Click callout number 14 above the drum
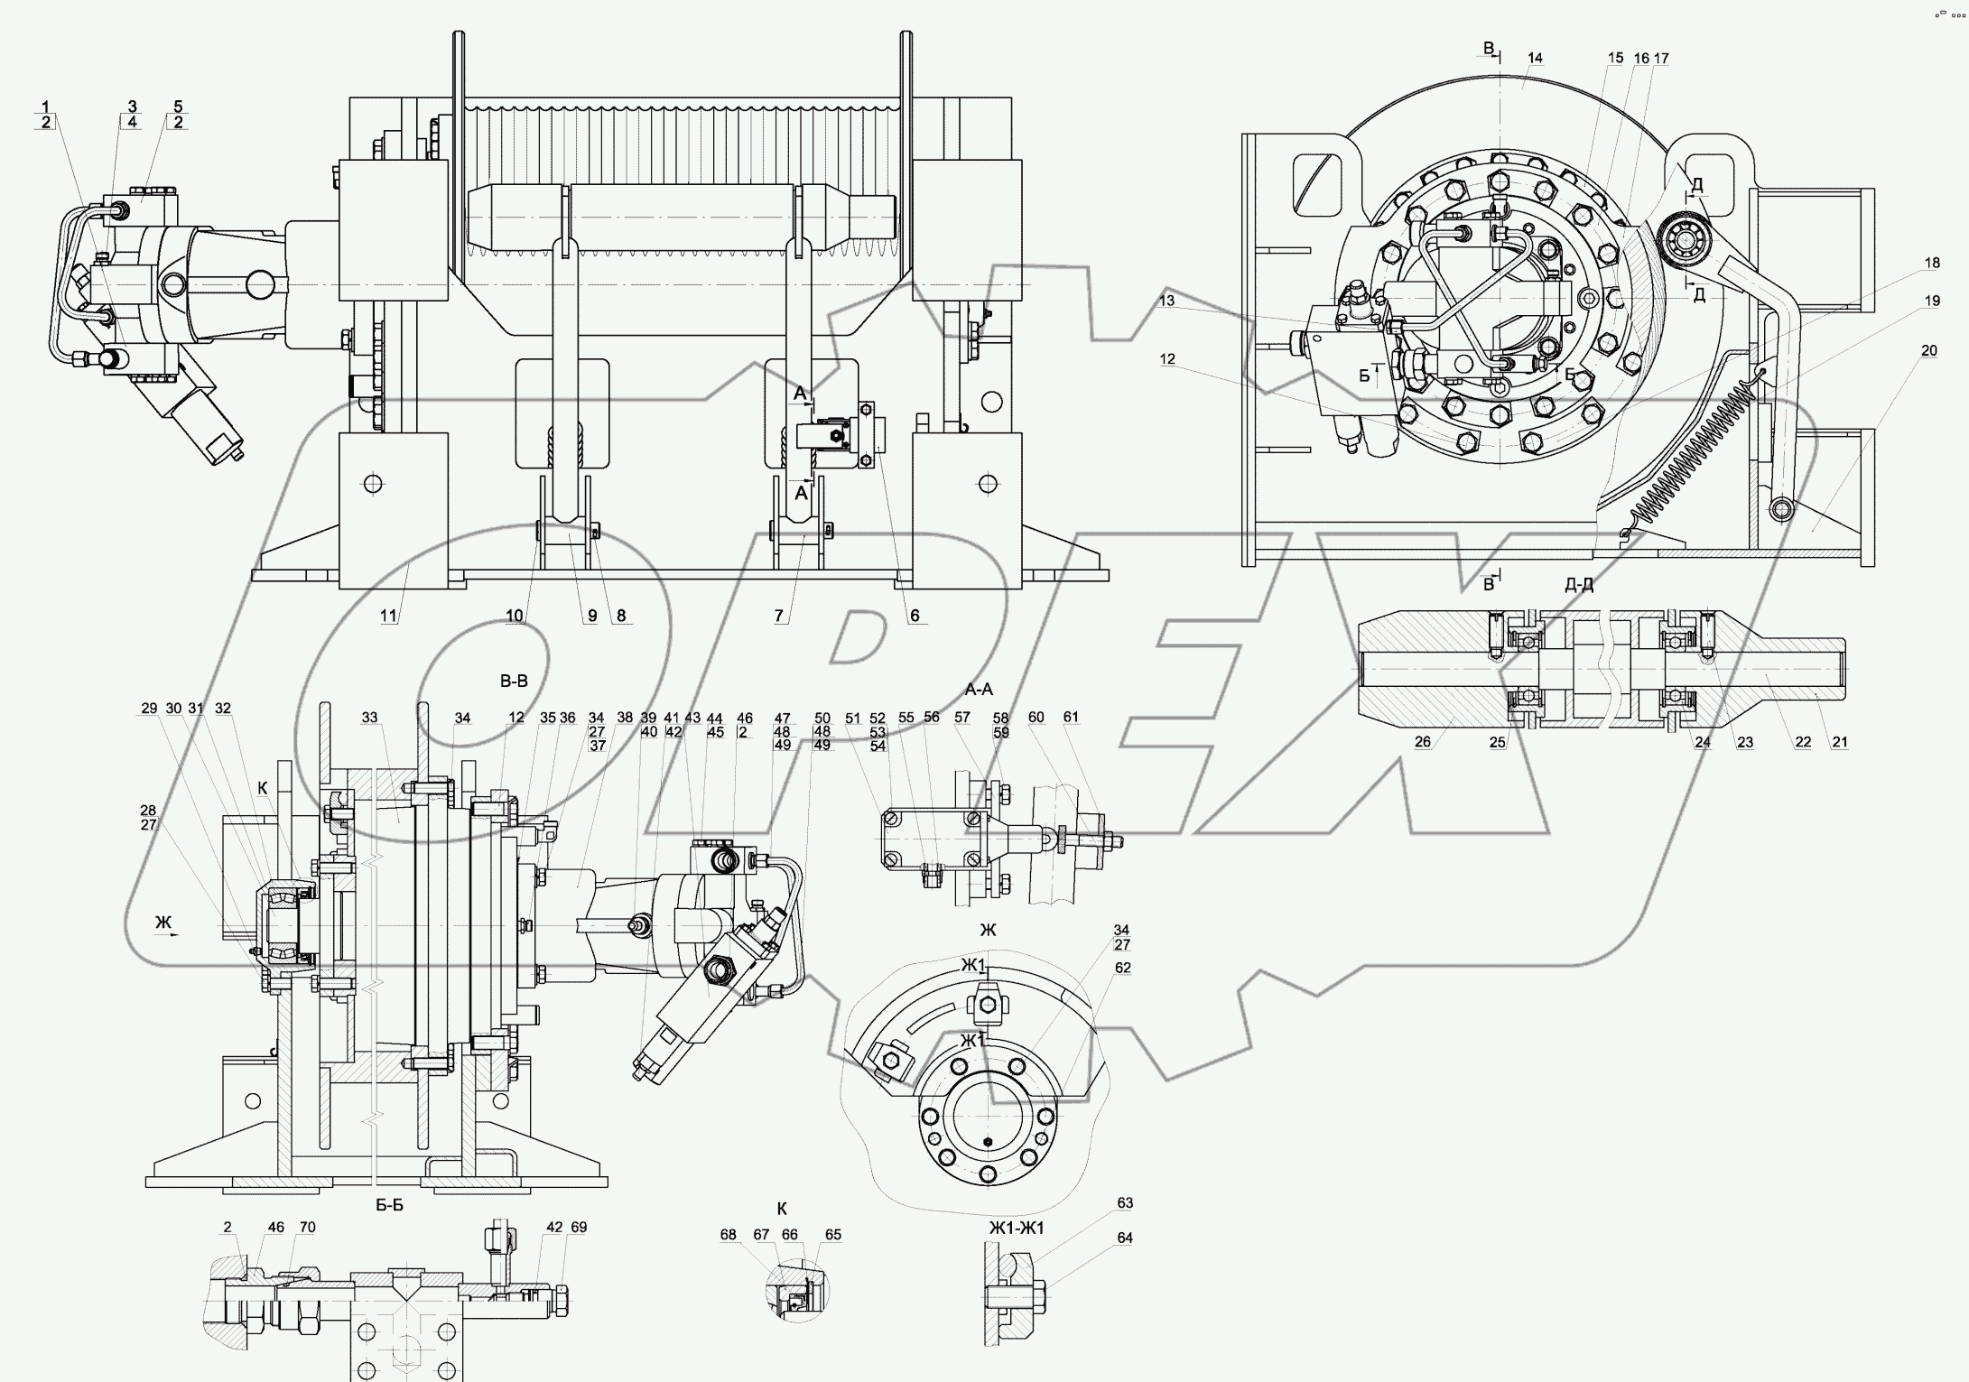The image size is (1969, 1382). [x=1535, y=58]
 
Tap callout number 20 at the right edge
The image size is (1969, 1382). [x=1928, y=351]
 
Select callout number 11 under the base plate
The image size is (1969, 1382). [x=388, y=616]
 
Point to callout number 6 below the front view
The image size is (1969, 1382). [x=915, y=616]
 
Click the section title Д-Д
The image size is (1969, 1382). [x=1579, y=585]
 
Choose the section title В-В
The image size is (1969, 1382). [x=514, y=682]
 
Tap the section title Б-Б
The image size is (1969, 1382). [x=389, y=1205]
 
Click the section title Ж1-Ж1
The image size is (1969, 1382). [x=1016, y=1228]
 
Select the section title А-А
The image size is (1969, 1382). [x=979, y=690]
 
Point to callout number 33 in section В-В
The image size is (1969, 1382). [x=369, y=719]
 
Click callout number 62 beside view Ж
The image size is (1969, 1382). [x=1122, y=968]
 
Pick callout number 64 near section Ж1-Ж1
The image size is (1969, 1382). [x=1124, y=1238]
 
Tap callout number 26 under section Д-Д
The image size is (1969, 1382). [x=1422, y=743]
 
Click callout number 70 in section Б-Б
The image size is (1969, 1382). [x=307, y=1228]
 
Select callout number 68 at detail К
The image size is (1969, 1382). [x=728, y=1235]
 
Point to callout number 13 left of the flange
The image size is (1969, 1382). [x=1167, y=301]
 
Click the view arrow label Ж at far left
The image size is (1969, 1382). [x=163, y=922]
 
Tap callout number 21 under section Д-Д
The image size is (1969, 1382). [x=1840, y=743]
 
